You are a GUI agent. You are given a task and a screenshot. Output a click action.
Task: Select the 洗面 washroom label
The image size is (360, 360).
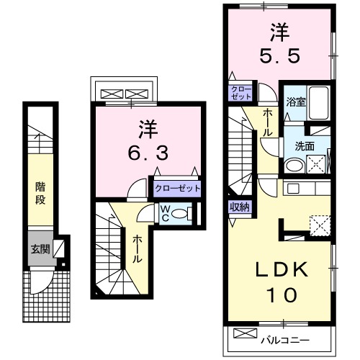(x=303, y=144)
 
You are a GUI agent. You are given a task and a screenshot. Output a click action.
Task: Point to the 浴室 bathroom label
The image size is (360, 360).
(x=297, y=102)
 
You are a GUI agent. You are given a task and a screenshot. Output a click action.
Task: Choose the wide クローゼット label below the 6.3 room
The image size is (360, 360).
(x=176, y=189)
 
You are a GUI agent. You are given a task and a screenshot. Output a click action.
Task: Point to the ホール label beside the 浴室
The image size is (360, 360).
(x=268, y=118)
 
